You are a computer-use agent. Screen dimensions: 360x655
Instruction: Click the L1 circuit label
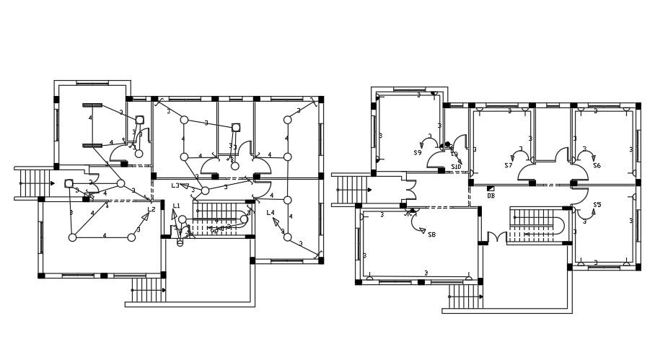(x=177, y=206)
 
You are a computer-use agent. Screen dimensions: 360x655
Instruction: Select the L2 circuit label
(x=151, y=210)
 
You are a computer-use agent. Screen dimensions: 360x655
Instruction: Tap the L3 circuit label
(x=175, y=185)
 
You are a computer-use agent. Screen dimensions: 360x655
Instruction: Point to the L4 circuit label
(x=271, y=213)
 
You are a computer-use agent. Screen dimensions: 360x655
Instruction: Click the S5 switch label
(x=597, y=205)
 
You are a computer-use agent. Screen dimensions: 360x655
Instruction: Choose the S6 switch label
(x=597, y=166)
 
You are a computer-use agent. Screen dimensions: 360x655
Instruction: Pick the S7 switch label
(x=508, y=166)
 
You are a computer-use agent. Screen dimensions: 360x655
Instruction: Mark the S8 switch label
(x=431, y=234)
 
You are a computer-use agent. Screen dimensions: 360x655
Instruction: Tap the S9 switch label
(x=418, y=153)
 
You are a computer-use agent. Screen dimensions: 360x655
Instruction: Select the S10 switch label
(x=456, y=167)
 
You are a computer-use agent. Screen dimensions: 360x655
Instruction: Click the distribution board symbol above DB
(x=491, y=188)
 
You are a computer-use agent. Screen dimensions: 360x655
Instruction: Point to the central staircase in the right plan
(x=537, y=224)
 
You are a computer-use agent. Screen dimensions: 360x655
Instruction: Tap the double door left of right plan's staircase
(x=496, y=237)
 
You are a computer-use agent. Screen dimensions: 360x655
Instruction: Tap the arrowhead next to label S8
(x=421, y=230)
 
